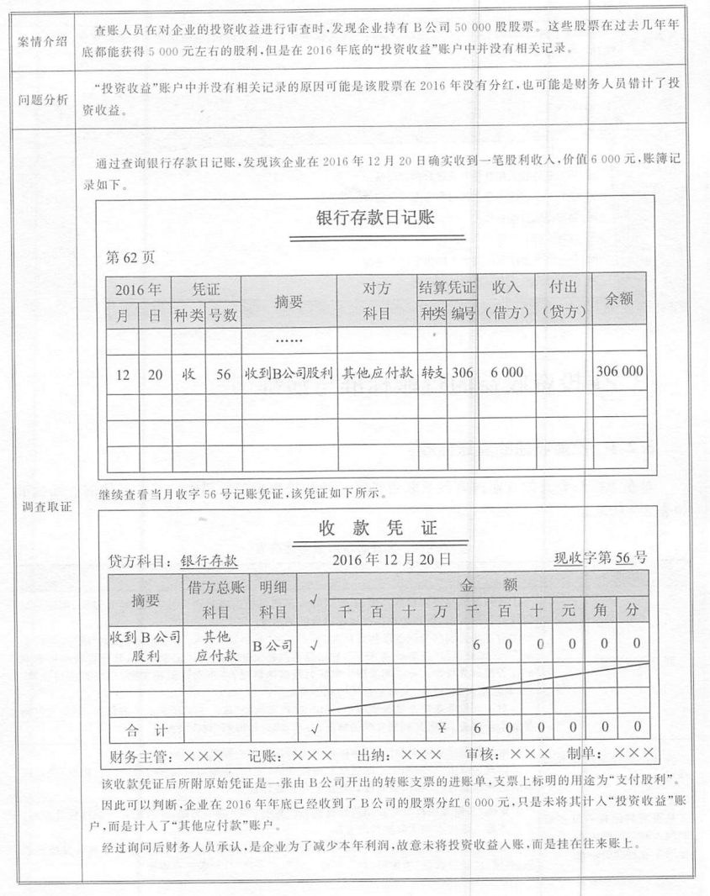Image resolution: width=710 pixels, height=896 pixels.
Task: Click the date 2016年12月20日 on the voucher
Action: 391,557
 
